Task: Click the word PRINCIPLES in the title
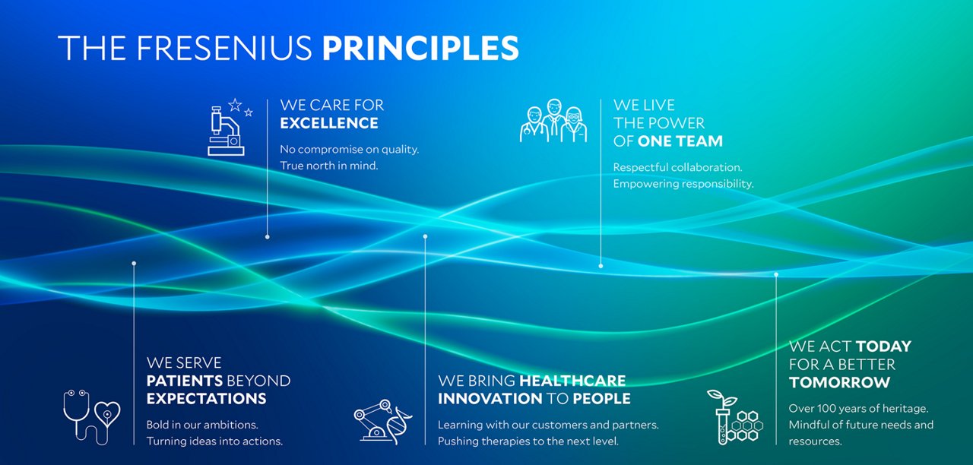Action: coord(420,48)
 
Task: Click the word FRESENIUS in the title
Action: coord(224,48)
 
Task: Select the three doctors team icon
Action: coord(554,120)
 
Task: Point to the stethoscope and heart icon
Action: coord(92,417)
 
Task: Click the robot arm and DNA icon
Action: coord(382,421)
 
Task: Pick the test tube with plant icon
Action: coord(734,417)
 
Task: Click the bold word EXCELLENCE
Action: coord(329,123)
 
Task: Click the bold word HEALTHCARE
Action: coord(572,381)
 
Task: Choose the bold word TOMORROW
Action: coord(840,382)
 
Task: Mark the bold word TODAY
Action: coord(883,346)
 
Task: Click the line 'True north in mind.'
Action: coord(329,166)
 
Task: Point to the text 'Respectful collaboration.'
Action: coord(677,168)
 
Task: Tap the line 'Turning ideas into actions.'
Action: coord(214,441)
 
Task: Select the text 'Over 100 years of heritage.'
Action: coord(858,409)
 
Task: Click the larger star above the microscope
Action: coord(235,105)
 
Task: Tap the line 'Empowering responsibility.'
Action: coord(683,184)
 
